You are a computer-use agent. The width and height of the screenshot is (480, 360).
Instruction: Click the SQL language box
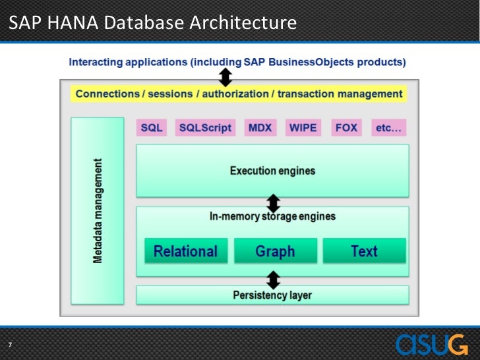pyautogui.click(x=152, y=127)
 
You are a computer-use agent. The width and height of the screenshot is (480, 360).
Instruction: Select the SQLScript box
pyautogui.click(x=205, y=127)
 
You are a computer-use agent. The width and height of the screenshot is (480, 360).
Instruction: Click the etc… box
pyautogui.click(x=388, y=127)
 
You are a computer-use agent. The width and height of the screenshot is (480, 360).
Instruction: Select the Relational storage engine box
pyautogui.click(x=185, y=251)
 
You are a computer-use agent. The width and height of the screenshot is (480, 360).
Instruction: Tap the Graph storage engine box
pyautogui.click(x=275, y=251)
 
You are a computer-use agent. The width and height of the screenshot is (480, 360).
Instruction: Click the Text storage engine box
pyautogui.click(x=364, y=251)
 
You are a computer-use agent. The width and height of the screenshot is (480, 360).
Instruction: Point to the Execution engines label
pyautogui.click(x=272, y=171)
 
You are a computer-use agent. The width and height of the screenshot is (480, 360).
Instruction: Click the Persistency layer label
pyautogui.click(x=272, y=295)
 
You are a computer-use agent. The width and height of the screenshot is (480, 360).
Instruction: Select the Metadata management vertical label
pyautogui.click(x=98, y=211)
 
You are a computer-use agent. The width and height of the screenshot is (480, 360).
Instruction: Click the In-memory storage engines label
pyautogui.click(x=272, y=216)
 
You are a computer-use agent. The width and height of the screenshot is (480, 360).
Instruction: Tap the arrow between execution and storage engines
pyautogui.click(x=273, y=202)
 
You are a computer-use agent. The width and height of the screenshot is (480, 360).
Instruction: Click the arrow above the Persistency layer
pyautogui.click(x=273, y=279)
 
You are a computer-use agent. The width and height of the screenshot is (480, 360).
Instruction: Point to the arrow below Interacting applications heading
pyautogui.click(x=225, y=78)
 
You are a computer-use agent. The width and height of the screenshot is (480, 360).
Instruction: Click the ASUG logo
pyautogui.click(x=432, y=344)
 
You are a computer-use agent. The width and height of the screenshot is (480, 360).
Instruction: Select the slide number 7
pyautogui.click(x=10, y=345)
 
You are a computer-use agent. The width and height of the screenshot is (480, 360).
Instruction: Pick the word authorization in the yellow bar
pyautogui.click(x=235, y=94)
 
